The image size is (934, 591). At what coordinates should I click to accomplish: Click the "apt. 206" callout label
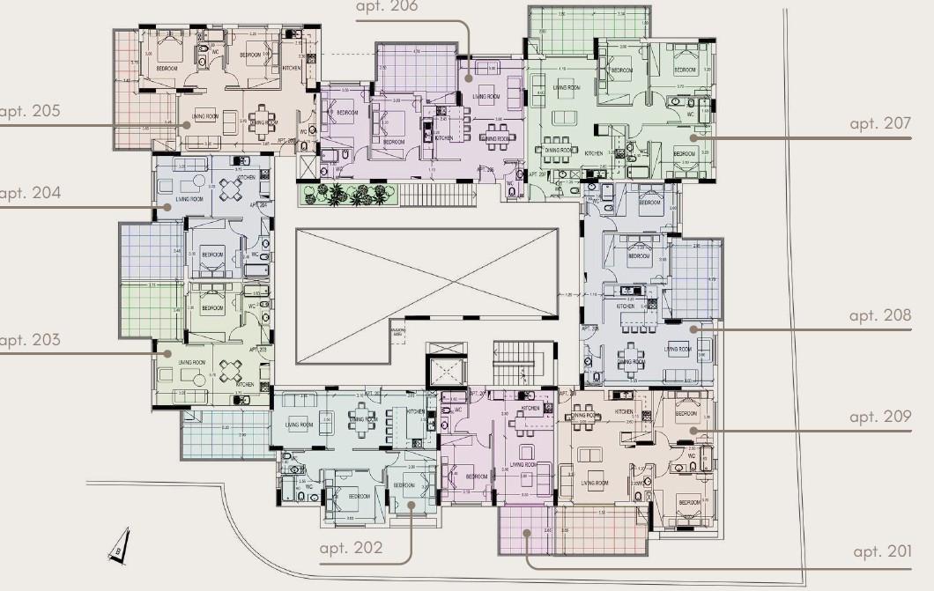coord(387,7)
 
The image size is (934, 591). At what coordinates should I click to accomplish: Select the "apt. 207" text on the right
coord(879,123)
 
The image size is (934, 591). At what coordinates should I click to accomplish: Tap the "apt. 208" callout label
coord(879,314)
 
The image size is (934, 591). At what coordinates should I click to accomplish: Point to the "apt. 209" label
coord(879,417)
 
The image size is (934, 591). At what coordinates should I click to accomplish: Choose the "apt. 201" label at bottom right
coord(882,551)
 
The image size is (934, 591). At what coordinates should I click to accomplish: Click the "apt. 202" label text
coord(352,548)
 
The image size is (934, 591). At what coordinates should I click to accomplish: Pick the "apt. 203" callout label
coord(29,339)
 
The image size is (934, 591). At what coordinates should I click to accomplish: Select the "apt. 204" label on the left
coord(29,193)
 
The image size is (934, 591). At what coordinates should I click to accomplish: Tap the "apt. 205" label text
coord(29,111)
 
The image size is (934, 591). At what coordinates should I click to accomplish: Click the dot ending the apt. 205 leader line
coord(186,125)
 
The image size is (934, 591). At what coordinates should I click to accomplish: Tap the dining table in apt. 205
coord(262,121)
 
